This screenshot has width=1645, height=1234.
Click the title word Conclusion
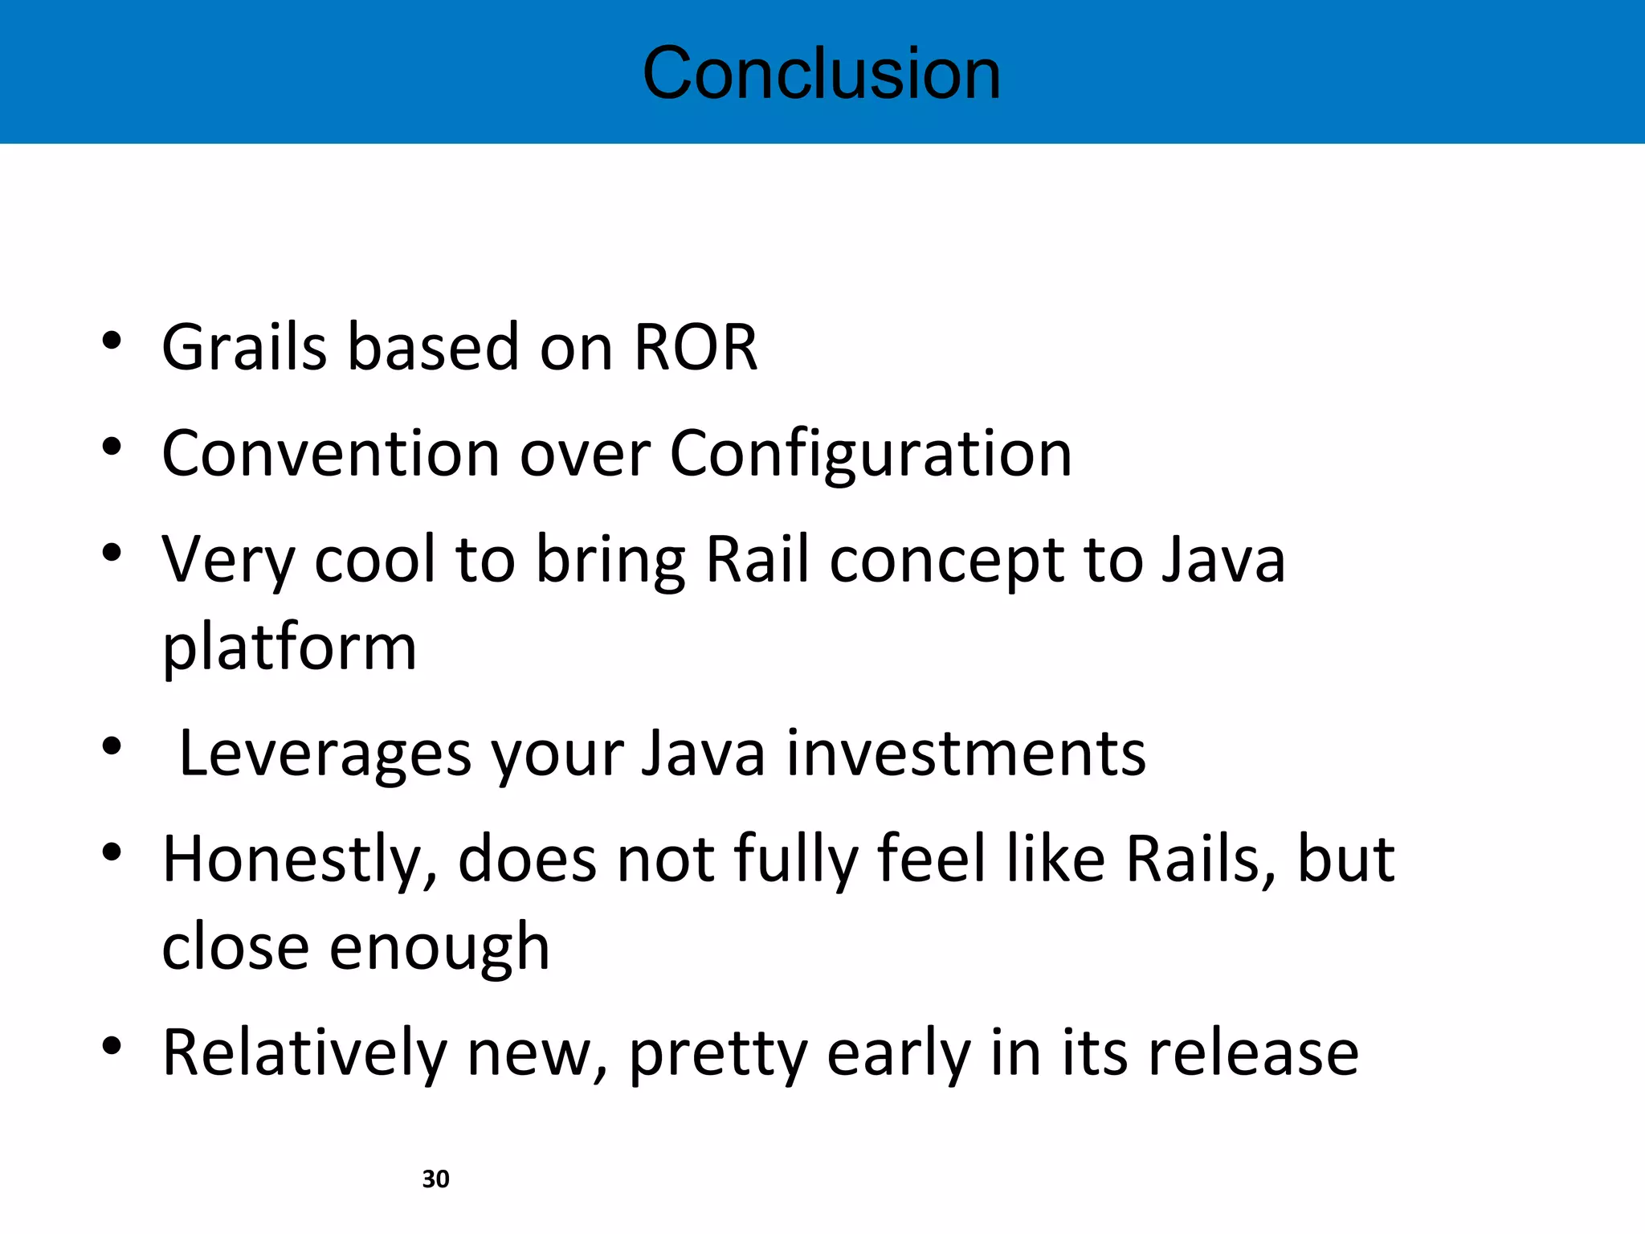click(822, 73)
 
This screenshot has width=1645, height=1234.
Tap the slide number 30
click(435, 1179)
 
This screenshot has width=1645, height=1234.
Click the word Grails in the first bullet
click(244, 347)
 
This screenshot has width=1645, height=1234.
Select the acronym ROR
click(696, 347)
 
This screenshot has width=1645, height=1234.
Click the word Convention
click(332, 454)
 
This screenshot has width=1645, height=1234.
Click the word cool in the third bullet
click(375, 560)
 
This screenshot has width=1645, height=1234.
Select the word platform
click(289, 648)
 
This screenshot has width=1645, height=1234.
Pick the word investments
click(965, 754)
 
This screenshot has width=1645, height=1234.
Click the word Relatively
click(304, 1053)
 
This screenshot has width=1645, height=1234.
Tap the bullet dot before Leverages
click(112, 746)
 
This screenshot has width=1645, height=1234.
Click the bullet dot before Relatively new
click(112, 1045)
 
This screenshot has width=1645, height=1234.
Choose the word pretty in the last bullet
click(717, 1053)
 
